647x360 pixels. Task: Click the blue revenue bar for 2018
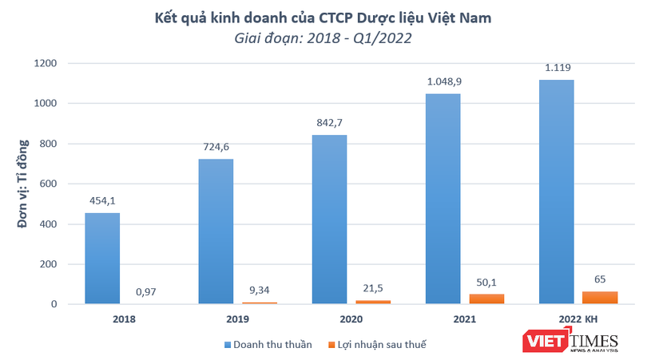tap(102, 258)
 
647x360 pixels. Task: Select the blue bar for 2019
tap(215, 231)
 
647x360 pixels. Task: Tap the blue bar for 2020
tap(329, 219)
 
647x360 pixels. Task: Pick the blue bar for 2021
tap(443, 198)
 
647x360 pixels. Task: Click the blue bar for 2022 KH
tap(556, 192)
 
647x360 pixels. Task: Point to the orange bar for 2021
tap(487, 299)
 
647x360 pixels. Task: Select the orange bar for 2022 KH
tap(601, 297)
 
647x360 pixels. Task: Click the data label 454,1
tap(102, 201)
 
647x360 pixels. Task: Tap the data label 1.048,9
tap(443, 81)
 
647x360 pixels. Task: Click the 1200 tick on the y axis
tap(46, 63)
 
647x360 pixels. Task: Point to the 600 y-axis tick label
tap(49, 184)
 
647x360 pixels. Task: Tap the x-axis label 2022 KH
tap(578, 319)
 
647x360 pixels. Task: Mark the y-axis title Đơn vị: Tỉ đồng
tap(23, 184)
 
